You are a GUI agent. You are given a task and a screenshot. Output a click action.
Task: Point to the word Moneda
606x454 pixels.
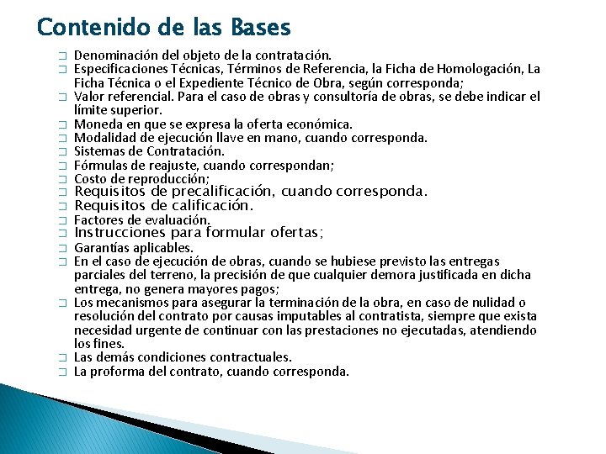[96, 124]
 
